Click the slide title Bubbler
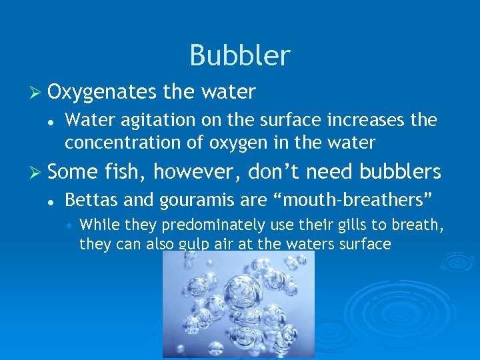point(240,55)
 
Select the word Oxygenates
point(99,92)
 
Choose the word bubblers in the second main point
point(400,172)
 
